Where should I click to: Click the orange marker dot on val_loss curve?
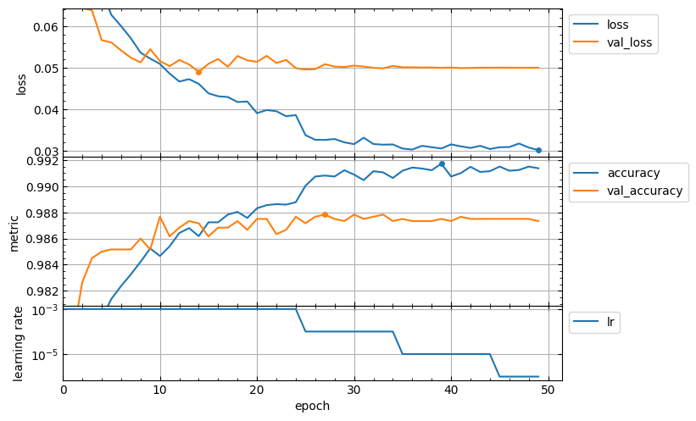[198, 72]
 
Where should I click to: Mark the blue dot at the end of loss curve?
[538, 150]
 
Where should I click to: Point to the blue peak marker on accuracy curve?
[442, 163]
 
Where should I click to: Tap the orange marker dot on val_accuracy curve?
[325, 214]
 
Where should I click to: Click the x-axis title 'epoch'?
[312, 406]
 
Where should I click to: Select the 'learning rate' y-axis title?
[19, 345]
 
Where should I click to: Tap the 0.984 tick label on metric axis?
[39, 265]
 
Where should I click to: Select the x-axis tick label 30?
[354, 390]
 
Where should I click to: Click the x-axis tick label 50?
[548, 390]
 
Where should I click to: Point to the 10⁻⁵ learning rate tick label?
[43, 354]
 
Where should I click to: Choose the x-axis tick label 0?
[63, 390]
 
